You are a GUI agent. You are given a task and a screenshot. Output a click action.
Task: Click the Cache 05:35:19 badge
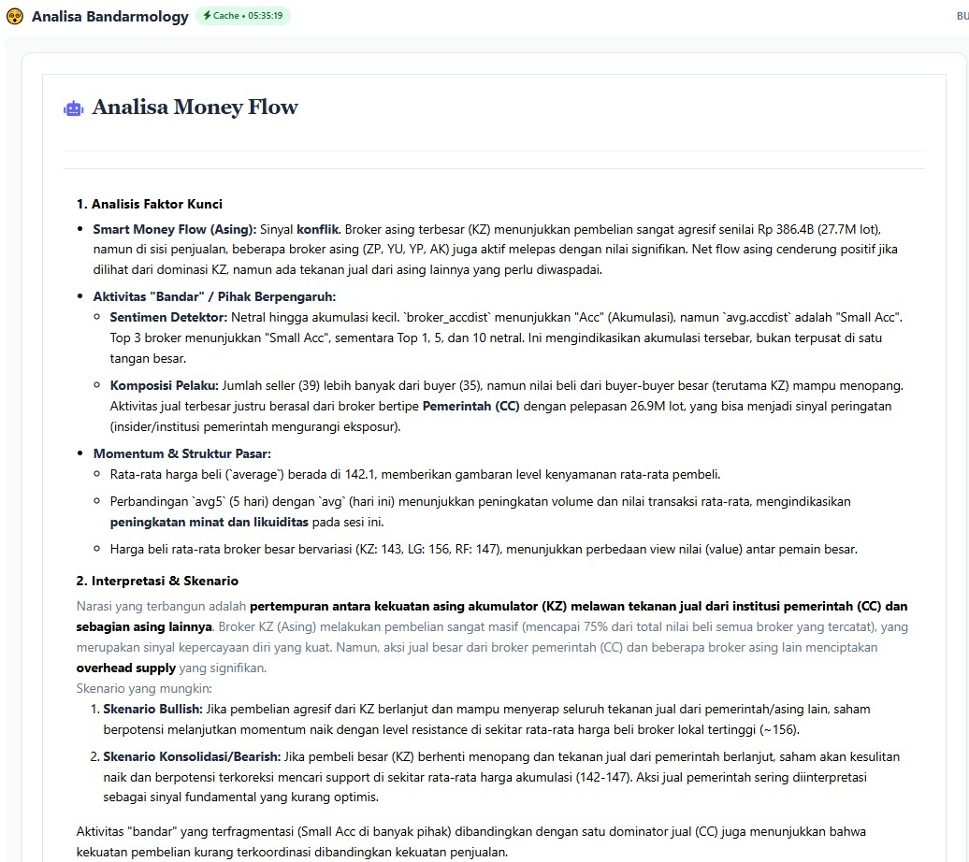(x=243, y=16)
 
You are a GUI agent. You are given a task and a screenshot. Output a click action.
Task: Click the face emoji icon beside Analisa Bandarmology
(x=14, y=16)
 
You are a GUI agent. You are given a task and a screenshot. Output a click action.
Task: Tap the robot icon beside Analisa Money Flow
(x=73, y=108)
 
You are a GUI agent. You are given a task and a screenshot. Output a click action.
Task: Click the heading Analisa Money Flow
(x=195, y=108)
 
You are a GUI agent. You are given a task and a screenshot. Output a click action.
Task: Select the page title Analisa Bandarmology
(x=110, y=16)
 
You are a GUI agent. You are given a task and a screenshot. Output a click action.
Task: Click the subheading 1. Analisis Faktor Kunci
(x=150, y=204)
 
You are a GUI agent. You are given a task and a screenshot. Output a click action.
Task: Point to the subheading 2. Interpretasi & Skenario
(x=157, y=581)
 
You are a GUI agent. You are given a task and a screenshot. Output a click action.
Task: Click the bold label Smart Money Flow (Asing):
(x=162, y=229)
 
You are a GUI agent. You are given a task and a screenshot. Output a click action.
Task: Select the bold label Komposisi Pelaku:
(x=165, y=385)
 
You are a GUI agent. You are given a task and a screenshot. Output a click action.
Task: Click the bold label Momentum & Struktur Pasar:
(x=181, y=453)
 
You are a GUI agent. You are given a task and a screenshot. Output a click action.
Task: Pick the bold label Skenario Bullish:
(x=152, y=710)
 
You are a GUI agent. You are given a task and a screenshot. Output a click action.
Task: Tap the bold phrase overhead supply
(x=125, y=668)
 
